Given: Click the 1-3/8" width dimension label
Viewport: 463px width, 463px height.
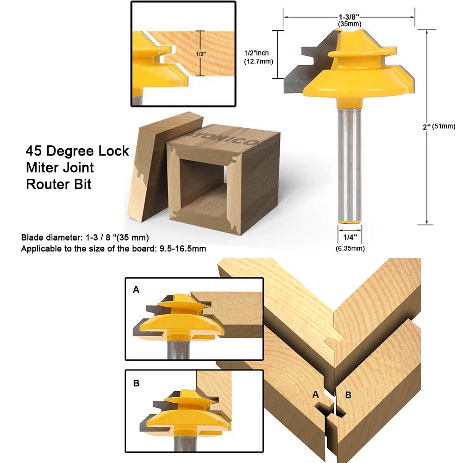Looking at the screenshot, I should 349,15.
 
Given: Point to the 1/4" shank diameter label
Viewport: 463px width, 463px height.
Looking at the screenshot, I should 350,238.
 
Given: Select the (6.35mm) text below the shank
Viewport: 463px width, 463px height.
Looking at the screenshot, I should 350,249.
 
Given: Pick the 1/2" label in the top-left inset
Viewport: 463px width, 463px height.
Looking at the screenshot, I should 201,54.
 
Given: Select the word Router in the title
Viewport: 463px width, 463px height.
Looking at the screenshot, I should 46,184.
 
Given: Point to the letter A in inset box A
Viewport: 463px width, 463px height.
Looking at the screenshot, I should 136,290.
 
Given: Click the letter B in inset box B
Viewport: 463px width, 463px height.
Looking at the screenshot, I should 136,383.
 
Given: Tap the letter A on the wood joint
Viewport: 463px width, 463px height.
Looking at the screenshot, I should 316,394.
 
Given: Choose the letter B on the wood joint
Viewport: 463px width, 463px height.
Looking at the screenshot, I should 349,394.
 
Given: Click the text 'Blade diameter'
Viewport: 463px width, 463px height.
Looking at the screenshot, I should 51,238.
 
